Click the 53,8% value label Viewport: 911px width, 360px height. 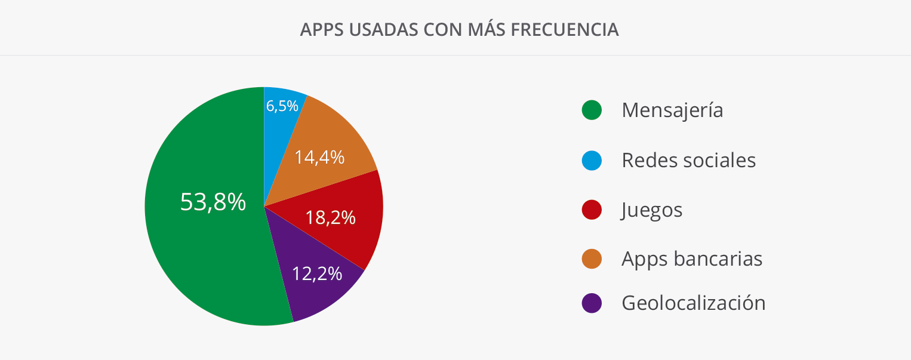(213, 202)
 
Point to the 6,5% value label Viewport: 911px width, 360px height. (282, 106)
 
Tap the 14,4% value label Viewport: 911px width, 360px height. (319, 157)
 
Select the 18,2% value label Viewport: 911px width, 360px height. (330, 217)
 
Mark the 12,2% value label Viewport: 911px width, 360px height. (317, 273)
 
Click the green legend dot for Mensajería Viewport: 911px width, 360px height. (592, 110)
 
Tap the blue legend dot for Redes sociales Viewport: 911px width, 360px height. (592, 160)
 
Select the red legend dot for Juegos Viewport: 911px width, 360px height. (592, 210)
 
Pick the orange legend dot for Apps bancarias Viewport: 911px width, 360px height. (592, 259)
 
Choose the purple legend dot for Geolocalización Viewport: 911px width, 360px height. (592, 303)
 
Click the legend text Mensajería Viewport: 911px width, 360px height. (672, 110)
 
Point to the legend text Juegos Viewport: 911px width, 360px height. (652, 210)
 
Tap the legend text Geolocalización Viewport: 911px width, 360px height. (693, 303)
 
